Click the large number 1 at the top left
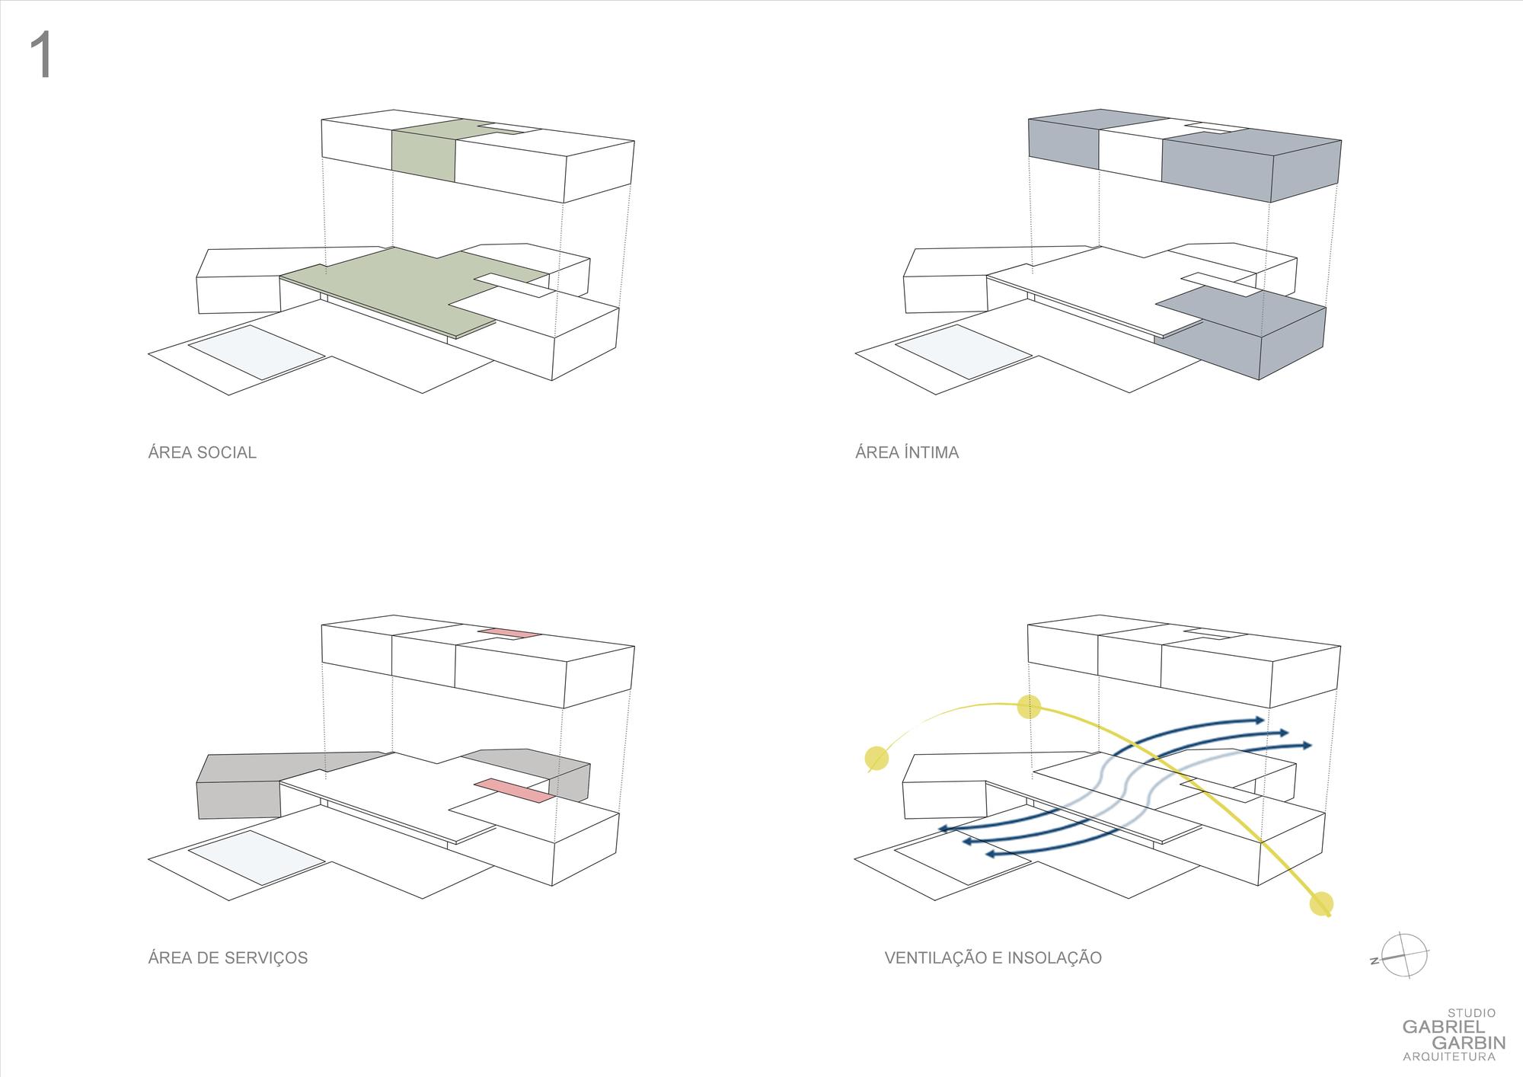click(x=41, y=56)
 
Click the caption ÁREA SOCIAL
click(x=202, y=452)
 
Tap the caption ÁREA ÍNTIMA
click(x=906, y=452)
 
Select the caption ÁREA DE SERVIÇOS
click(x=228, y=957)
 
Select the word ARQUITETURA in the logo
click(x=1449, y=1056)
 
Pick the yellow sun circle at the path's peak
click(x=1029, y=707)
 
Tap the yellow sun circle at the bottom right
click(x=1321, y=903)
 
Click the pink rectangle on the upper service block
click(x=509, y=633)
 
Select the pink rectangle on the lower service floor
click(x=513, y=791)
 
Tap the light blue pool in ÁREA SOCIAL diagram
click(x=256, y=352)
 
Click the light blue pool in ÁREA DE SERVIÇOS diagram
click(x=256, y=858)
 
